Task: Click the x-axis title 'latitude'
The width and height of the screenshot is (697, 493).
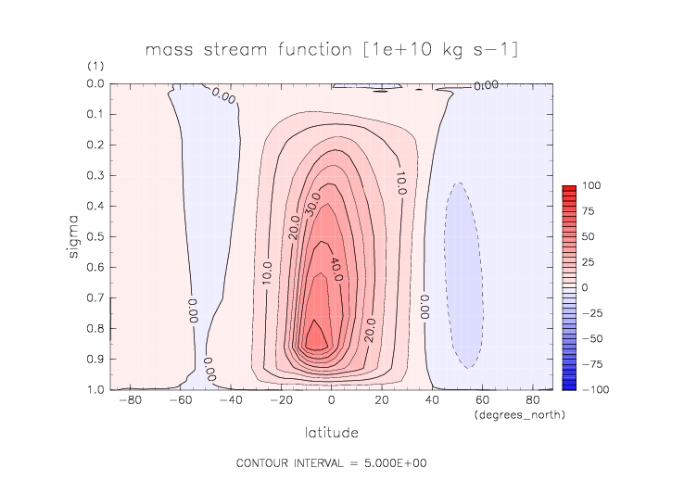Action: coord(332,433)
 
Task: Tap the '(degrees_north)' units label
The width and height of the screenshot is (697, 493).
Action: coord(518,414)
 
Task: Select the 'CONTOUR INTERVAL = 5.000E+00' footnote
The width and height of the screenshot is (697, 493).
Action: coord(331,462)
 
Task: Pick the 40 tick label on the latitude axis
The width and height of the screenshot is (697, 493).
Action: coord(432,401)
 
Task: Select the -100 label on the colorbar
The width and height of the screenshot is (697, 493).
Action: coord(594,388)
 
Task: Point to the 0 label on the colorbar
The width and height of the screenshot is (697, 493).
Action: coord(585,287)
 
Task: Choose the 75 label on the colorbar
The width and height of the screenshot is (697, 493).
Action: coord(588,211)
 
